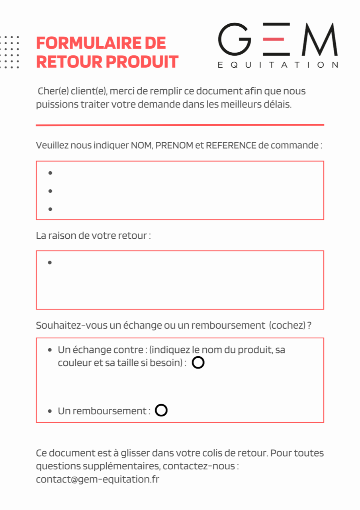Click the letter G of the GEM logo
coord(235,39)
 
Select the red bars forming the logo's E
coord(276,39)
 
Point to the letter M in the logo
coord(320,39)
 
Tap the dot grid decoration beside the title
coord(10,52)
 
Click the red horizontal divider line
coord(180,125)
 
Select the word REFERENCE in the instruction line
coord(231,145)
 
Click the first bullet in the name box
coord(50,173)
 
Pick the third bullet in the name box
coord(50,209)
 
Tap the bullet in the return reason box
coord(50,263)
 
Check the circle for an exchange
coord(198,363)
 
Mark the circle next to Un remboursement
coord(161,410)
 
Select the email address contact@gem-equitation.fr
coord(98,479)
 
